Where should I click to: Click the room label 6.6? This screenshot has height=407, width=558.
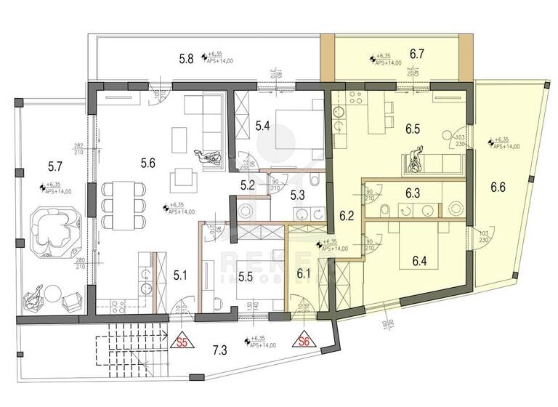tap(498, 188)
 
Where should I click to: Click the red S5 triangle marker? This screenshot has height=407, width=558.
tap(185, 340)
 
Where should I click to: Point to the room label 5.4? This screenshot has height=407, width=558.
tap(263, 126)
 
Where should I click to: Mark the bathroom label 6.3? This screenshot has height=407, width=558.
tap(413, 193)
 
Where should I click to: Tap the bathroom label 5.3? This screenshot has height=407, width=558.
tap(299, 195)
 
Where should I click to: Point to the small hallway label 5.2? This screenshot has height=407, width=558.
tap(248, 185)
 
